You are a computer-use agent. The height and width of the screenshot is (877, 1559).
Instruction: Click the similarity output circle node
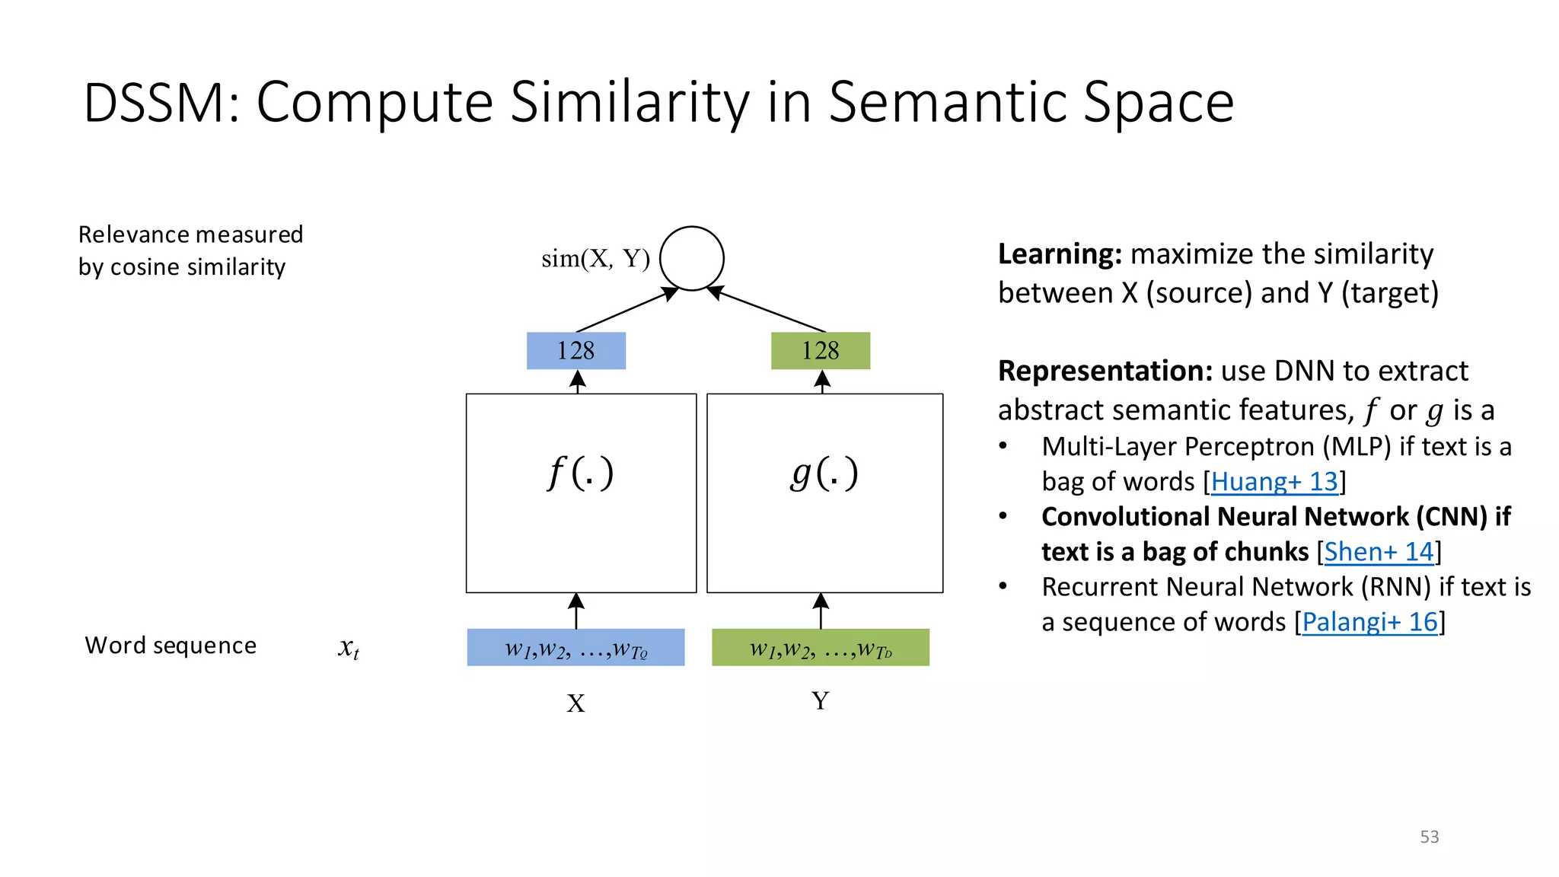point(691,259)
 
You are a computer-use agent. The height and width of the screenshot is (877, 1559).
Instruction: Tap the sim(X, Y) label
point(595,260)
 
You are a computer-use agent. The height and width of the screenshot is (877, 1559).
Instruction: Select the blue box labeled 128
point(575,351)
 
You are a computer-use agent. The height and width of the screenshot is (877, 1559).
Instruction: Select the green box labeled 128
point(820,351)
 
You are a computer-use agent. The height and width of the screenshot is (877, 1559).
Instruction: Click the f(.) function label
point(580,473)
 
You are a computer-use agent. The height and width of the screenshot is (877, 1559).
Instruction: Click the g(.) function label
point(824,473)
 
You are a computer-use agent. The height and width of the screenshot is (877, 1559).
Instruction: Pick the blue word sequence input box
point(575,648)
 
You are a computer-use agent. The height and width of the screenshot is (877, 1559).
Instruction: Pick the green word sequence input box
point(820,648)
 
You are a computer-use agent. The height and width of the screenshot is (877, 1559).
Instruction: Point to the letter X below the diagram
point(575,703)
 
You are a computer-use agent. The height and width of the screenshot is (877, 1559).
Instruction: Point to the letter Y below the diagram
point(820,700)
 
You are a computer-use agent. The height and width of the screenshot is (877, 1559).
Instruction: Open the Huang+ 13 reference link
point(1274,482)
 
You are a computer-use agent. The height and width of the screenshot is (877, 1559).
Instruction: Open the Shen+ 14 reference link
point(1379,552)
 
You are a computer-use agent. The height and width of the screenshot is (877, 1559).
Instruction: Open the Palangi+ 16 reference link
point(1369,623)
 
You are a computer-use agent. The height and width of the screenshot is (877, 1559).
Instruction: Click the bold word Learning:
point(1060,254)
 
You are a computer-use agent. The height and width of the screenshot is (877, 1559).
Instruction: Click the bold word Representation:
point(1105,372)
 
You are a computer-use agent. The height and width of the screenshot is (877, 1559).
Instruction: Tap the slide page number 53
point(1429,837)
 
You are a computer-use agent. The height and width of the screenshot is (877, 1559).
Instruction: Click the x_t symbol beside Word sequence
point(348,649)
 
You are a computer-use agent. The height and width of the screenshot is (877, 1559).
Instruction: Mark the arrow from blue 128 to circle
point(626,311)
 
